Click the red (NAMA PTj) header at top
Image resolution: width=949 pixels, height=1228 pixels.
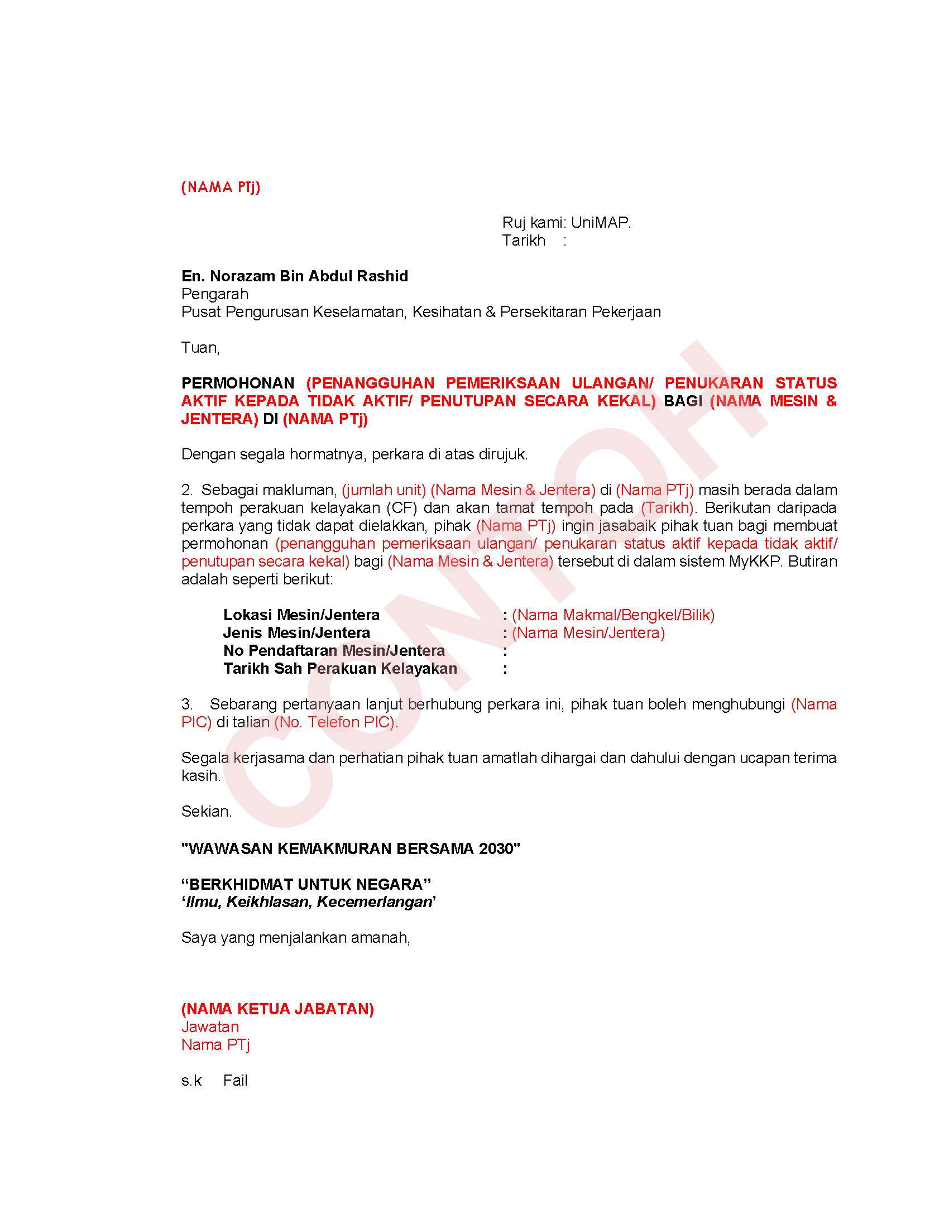(221, 187)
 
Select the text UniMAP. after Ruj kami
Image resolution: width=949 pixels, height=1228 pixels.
(601, 223)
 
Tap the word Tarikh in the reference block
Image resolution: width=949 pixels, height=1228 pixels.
(524, 241)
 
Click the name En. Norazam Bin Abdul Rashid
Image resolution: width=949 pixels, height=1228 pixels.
(295, 276)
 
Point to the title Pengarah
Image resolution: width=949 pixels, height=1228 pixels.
(214, 294)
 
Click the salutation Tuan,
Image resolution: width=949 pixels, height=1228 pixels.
(200, 348)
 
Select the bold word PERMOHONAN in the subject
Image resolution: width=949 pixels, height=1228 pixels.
(237, 383)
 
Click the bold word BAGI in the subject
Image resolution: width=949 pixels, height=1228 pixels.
(683, 401)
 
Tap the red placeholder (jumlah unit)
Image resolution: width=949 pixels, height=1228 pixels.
(384, 490)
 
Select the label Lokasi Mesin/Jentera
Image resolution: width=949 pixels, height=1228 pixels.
(301, 615)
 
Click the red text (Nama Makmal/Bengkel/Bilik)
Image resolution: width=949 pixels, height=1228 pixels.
(613, 615)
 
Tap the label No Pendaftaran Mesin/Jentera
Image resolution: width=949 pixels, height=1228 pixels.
(333, 650)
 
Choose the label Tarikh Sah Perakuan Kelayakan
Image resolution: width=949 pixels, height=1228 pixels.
(339, 669)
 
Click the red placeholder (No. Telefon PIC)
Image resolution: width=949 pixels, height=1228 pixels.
(335, 722)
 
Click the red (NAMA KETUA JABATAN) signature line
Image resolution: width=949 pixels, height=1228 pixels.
(277, 1009)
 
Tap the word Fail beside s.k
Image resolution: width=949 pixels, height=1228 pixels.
(235, 1080)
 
